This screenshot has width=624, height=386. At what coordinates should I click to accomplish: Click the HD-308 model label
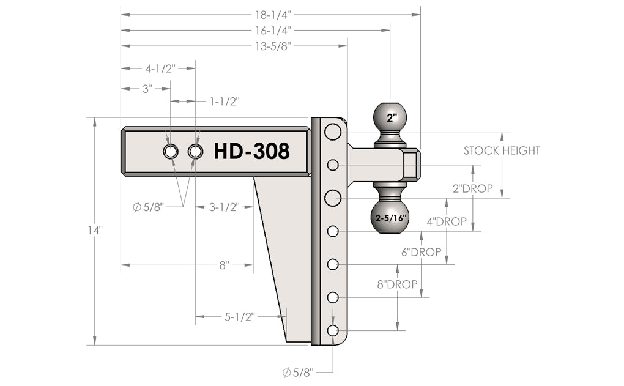[251, 151]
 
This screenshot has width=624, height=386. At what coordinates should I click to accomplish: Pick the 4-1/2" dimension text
[160, 69]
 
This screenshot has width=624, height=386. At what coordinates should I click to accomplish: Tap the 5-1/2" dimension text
[240, 316]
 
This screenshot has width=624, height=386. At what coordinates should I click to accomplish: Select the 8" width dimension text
[224, 265]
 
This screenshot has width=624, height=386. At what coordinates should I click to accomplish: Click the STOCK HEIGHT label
[502, 150]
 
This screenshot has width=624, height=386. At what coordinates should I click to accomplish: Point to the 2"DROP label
[472, 189]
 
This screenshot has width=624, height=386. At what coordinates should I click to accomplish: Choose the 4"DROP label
[447, 221]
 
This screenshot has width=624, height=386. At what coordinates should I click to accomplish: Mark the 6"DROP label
[422, 252]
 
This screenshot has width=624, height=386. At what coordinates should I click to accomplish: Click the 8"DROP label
[397, 284]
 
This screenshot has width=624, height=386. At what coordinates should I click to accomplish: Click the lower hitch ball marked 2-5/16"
[389, 217]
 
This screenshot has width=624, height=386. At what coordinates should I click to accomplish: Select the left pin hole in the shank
[171, 152]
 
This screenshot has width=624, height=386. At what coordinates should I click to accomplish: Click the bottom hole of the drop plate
[333, 330]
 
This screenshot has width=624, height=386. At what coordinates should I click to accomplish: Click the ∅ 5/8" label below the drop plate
[299, 372]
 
